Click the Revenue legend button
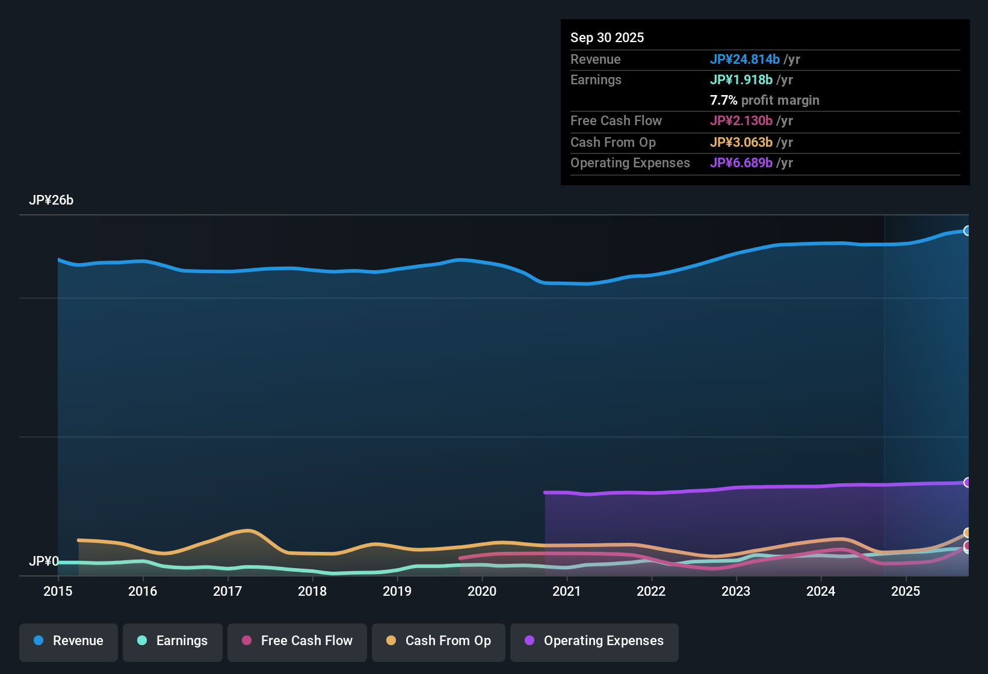[69, 641]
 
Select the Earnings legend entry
[173, 641]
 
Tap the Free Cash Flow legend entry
[297, 641]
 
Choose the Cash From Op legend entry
[439, 641]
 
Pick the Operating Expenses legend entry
[594, 641]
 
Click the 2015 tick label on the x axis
[58, 591]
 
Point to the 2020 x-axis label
[482, 591]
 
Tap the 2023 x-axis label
[736, 591]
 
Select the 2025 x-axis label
[906, 591]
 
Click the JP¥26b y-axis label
[51, 200]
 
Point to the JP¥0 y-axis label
[43, 561]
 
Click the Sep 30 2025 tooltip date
[607, 37]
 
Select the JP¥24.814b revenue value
[745, 59]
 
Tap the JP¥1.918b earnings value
[741, 79]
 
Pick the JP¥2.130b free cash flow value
[741, 120]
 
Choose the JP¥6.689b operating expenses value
[741, 163]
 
